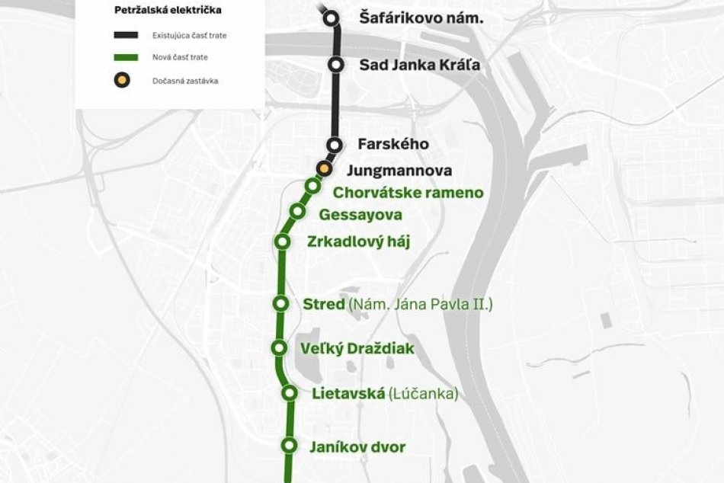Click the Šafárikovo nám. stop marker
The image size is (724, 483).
(x=331, y=18)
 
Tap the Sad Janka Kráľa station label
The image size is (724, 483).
(x=419, y=65)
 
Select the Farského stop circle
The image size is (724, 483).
(x=334, y=144)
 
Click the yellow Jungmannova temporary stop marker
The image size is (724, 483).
(x=325, y=168)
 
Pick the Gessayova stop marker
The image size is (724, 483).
(x=298, y=212)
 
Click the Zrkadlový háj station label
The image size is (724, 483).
(x=358, y=242)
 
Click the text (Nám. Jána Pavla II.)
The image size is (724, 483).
(x=421, y=305)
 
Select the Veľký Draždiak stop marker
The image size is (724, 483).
(x=280, y=348)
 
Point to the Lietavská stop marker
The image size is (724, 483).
(x=290, y=393)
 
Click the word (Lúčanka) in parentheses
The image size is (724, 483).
(x=423, y=394)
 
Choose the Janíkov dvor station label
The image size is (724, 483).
(x=357, y=447)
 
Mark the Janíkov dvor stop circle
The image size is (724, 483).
(x=289, y=446)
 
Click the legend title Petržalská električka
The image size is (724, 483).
(x=158, y=11)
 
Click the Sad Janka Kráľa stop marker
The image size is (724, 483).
(x=335, y=65)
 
